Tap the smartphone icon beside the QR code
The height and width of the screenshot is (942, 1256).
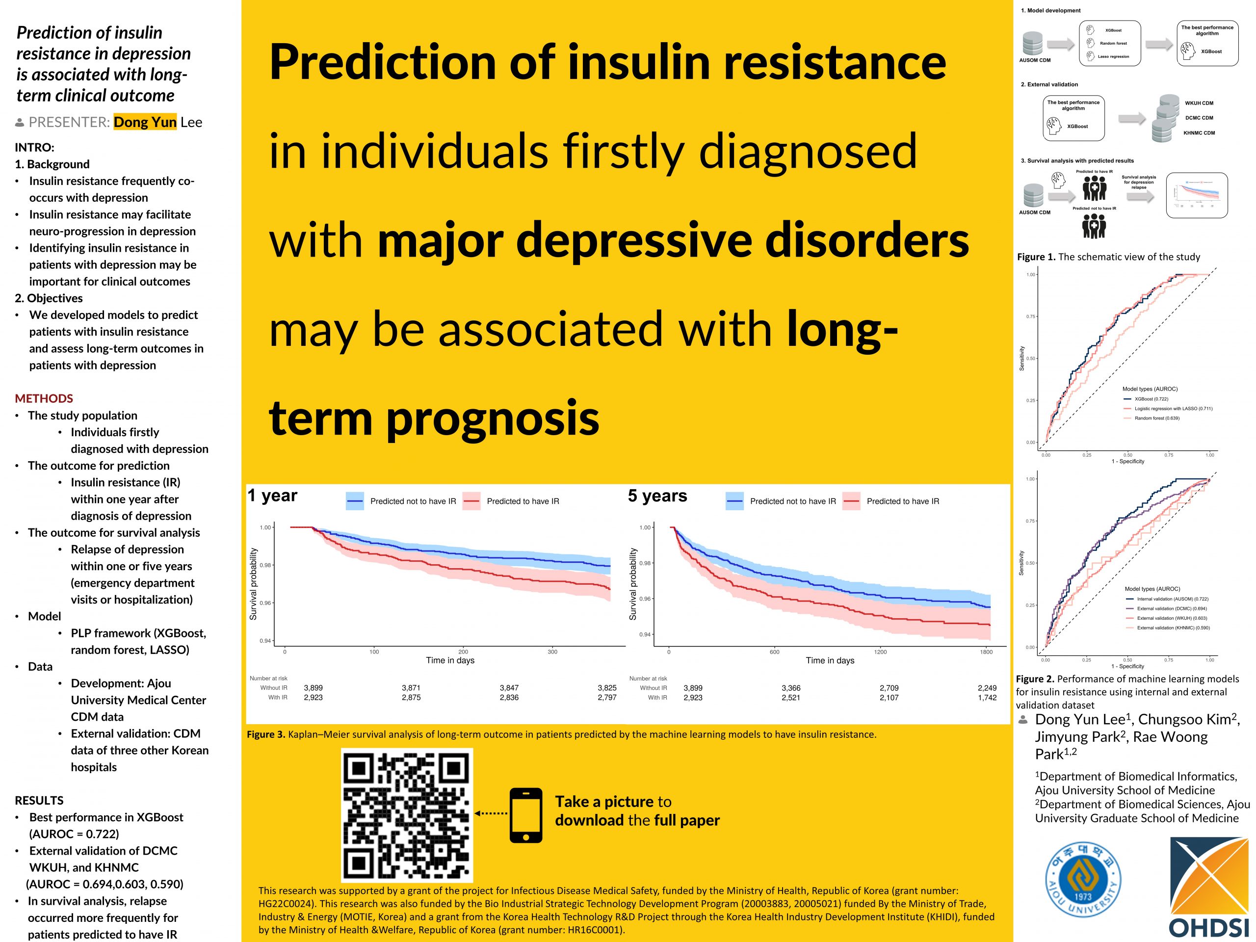[525, 815]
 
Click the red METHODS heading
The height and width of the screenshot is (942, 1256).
[44, 398]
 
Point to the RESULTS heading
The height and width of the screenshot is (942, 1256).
[39, 801]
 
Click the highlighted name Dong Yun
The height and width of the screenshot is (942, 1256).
[145, 122]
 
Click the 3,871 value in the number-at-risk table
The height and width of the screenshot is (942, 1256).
[411, 688]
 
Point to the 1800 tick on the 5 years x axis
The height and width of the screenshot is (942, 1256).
[986, 652]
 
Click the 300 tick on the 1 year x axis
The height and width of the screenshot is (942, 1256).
[552, 652]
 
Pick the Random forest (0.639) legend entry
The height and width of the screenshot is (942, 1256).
[1156, 418]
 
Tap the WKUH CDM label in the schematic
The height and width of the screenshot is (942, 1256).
[1199, 104]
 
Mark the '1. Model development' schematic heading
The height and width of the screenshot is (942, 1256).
[1050, 10]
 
